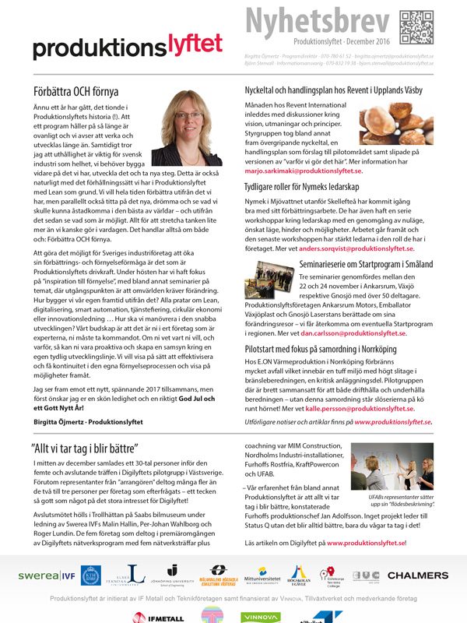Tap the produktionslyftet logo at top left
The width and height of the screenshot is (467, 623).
click(x=128, y=45)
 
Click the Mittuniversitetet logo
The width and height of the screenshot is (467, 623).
click(x=263, y=576)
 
